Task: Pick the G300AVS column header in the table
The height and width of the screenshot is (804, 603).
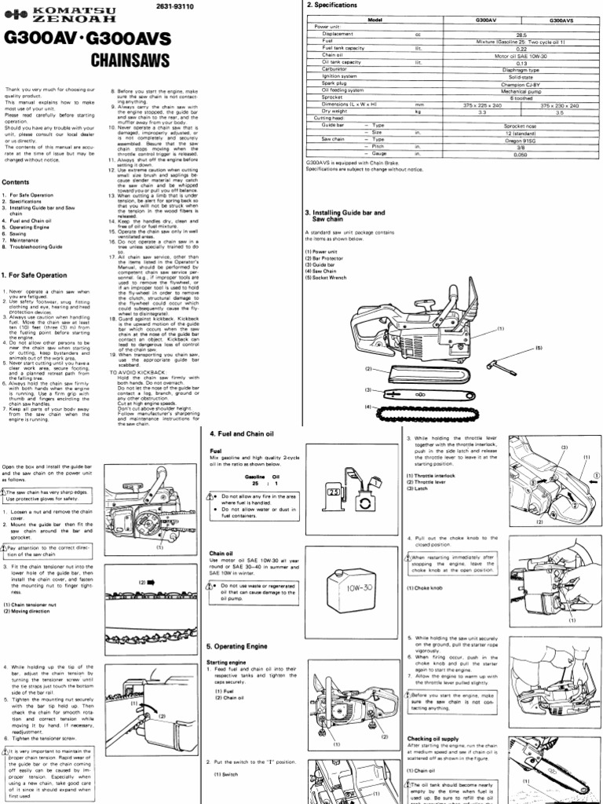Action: click(560, 20)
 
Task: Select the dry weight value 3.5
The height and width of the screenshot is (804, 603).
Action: click(560, 112)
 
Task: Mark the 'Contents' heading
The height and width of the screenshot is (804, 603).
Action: click(16, 181)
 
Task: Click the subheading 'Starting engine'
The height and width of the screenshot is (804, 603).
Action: click(228, 662)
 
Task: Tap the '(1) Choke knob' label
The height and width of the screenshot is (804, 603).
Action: click(428, 587)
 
